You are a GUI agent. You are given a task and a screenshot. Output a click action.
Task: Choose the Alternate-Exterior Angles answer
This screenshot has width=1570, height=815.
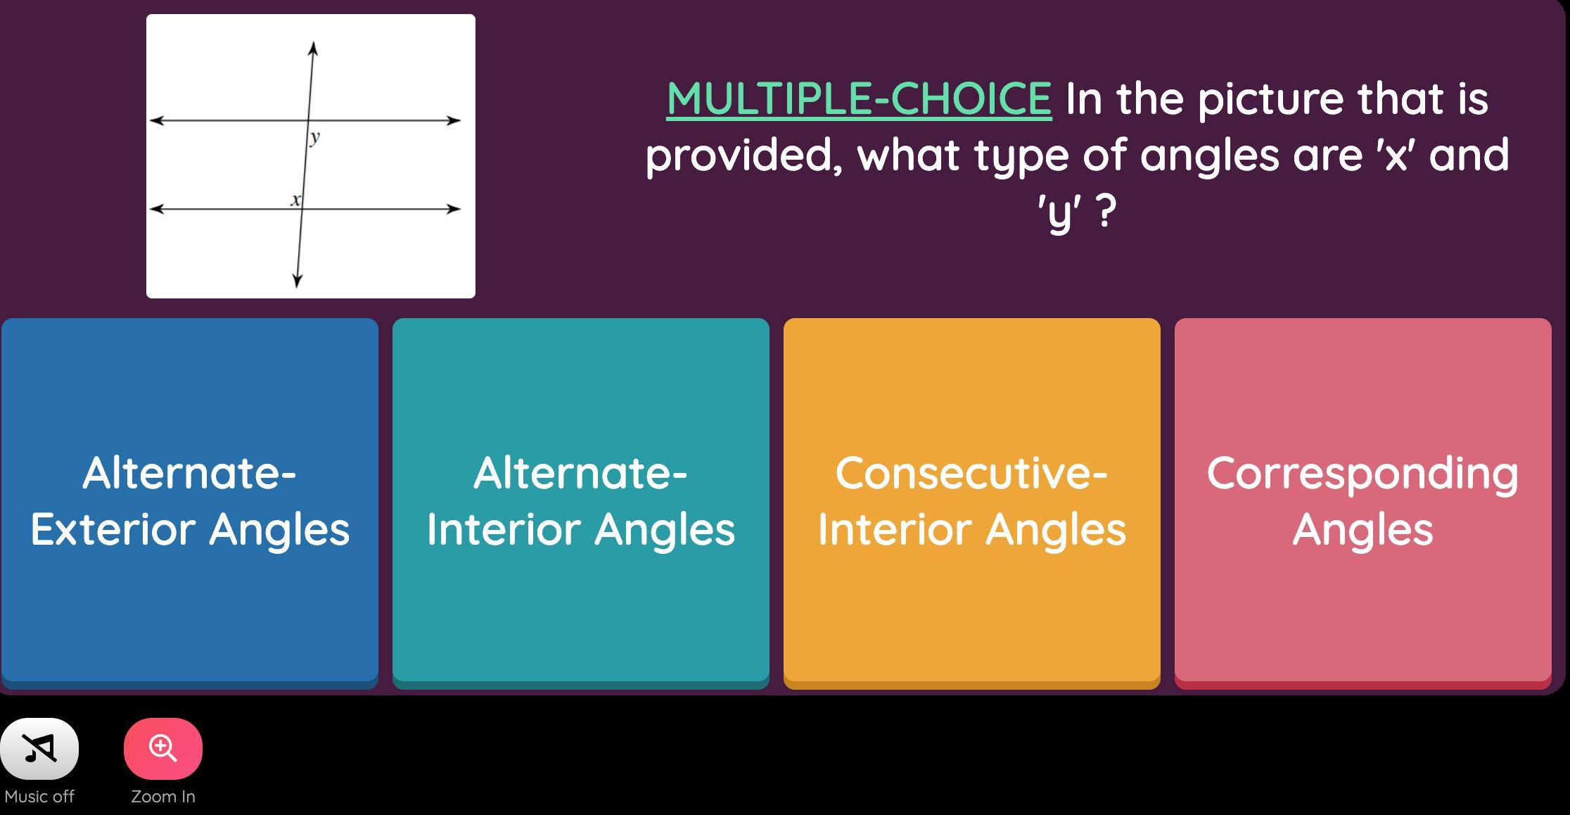tap(190, 503)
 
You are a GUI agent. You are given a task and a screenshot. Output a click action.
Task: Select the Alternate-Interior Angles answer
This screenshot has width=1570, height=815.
tap(581, 503)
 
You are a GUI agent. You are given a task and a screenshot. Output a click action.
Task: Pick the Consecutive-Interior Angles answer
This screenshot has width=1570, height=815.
tap(972, 503)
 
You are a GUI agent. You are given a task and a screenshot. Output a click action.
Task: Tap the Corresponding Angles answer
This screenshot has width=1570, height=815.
tap(1363, 503)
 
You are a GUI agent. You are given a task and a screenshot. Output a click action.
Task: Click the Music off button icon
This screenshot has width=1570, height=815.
tap(39, 748)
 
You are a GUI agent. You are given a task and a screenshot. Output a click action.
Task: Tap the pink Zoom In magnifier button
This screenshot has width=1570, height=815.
tap(163, 748)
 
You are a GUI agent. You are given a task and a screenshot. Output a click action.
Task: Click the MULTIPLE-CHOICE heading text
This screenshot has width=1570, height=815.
tap(859, 98)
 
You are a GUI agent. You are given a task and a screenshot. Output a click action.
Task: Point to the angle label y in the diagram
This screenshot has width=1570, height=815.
tap(314, 137)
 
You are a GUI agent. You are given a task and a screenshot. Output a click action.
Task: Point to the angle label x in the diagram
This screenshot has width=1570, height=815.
tap(295, 200)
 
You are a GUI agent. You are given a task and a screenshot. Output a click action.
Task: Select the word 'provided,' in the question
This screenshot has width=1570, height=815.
tap(744, 155)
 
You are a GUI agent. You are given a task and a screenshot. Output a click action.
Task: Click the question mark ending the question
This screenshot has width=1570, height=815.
tap(1106, 210)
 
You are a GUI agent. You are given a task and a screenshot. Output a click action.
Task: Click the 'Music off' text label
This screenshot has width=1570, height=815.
tap(39, 797)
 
